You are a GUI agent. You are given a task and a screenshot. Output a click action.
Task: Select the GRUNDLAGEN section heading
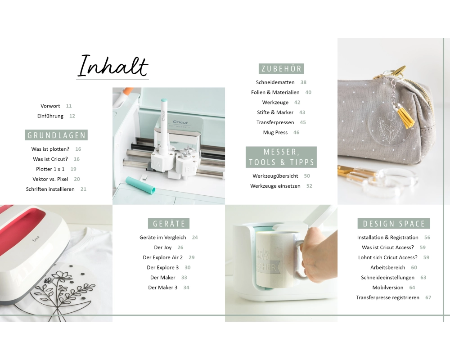point(56,135)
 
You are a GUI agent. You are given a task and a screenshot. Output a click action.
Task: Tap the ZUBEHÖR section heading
point(281,68)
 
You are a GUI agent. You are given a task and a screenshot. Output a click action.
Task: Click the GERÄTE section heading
point(169,223)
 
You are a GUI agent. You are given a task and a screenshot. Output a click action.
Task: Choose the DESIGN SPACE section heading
point(394,223)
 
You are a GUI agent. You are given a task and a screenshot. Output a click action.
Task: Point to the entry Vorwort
point(50,106)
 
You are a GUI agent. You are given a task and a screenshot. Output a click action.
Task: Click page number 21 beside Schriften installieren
point(83,189)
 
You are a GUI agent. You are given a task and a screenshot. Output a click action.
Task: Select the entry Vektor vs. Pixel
point(50,179)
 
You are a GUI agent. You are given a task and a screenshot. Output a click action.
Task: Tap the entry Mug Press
point(275,132)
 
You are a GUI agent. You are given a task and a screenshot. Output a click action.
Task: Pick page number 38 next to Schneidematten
point(303,82)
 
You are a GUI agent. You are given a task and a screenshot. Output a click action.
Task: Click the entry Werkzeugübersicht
point(275,175)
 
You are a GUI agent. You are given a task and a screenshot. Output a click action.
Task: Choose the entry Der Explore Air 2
point(163,257)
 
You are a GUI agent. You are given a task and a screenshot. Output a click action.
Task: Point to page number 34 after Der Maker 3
point(186,288)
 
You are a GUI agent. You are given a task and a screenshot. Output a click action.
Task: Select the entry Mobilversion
point(388,288)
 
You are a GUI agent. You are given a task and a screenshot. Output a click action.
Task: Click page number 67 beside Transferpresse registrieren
point(428,298)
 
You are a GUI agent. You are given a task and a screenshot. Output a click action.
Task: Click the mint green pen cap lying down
point(140,185)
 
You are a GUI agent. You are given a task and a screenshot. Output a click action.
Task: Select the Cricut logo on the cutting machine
point(180,121)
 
